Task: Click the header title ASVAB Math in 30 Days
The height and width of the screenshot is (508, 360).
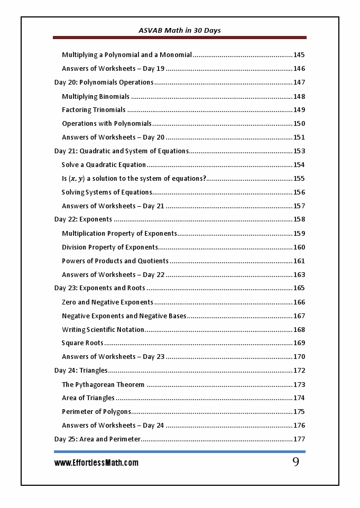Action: click(180, 31)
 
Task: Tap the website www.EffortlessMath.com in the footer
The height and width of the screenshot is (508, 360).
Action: click(96, 463)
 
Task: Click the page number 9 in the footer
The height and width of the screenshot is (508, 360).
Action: click(296, 462)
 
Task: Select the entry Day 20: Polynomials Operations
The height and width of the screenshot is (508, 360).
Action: click(104, 82)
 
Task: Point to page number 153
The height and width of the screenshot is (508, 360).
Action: click(299, 151)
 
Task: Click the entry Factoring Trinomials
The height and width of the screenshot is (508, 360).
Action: click(94, 110)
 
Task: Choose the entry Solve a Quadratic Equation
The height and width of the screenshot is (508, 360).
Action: click(104, 165)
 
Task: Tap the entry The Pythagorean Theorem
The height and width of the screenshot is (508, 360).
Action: click(103, 384)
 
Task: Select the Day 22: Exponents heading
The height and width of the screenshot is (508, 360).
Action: click(83, 219)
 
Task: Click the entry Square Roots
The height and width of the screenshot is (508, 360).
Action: click(82, 343)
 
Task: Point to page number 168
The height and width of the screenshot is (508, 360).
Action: click(299, 330)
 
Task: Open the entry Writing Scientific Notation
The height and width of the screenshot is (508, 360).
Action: click(103, 330)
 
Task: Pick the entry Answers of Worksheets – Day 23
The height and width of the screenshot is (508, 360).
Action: click(113, 357)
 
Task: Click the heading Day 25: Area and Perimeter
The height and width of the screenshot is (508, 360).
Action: click(97, 439)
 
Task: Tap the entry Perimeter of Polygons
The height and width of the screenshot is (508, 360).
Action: click(96, 412)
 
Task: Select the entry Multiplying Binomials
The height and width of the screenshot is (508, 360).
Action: click(96, 96)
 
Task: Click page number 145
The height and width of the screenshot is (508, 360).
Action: click(299, 55)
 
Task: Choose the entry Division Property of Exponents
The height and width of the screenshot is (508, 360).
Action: click(109, 247)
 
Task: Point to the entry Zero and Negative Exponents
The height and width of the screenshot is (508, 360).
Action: click(107, 302)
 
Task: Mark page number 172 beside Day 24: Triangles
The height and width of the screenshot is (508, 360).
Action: click(299, 371)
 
